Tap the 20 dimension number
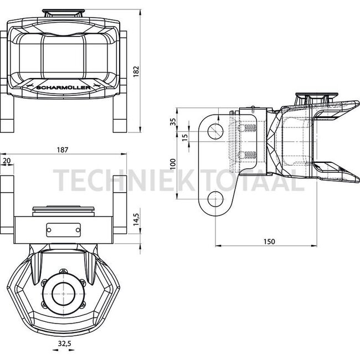[x=7, y=161]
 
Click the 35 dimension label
[x=173, y=122]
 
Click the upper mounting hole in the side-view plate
[x=215, y=131]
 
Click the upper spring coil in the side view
[x=250, y=128]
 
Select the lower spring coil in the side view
[x=250, y=155]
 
